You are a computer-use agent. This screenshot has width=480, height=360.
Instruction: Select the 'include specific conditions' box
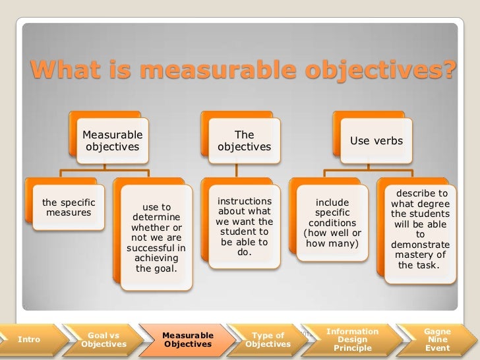coord(332,225)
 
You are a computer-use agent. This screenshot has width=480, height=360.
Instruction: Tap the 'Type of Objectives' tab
coord(268,340)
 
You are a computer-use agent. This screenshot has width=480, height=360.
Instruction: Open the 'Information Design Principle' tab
coord(352,340)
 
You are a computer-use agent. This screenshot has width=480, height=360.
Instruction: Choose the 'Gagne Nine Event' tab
coord(438,340)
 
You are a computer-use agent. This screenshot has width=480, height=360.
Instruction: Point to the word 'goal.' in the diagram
coord(156,268)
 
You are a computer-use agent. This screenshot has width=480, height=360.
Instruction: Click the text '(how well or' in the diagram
coord(332,233)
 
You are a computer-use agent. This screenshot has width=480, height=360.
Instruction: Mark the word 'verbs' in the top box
coord(389,141)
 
